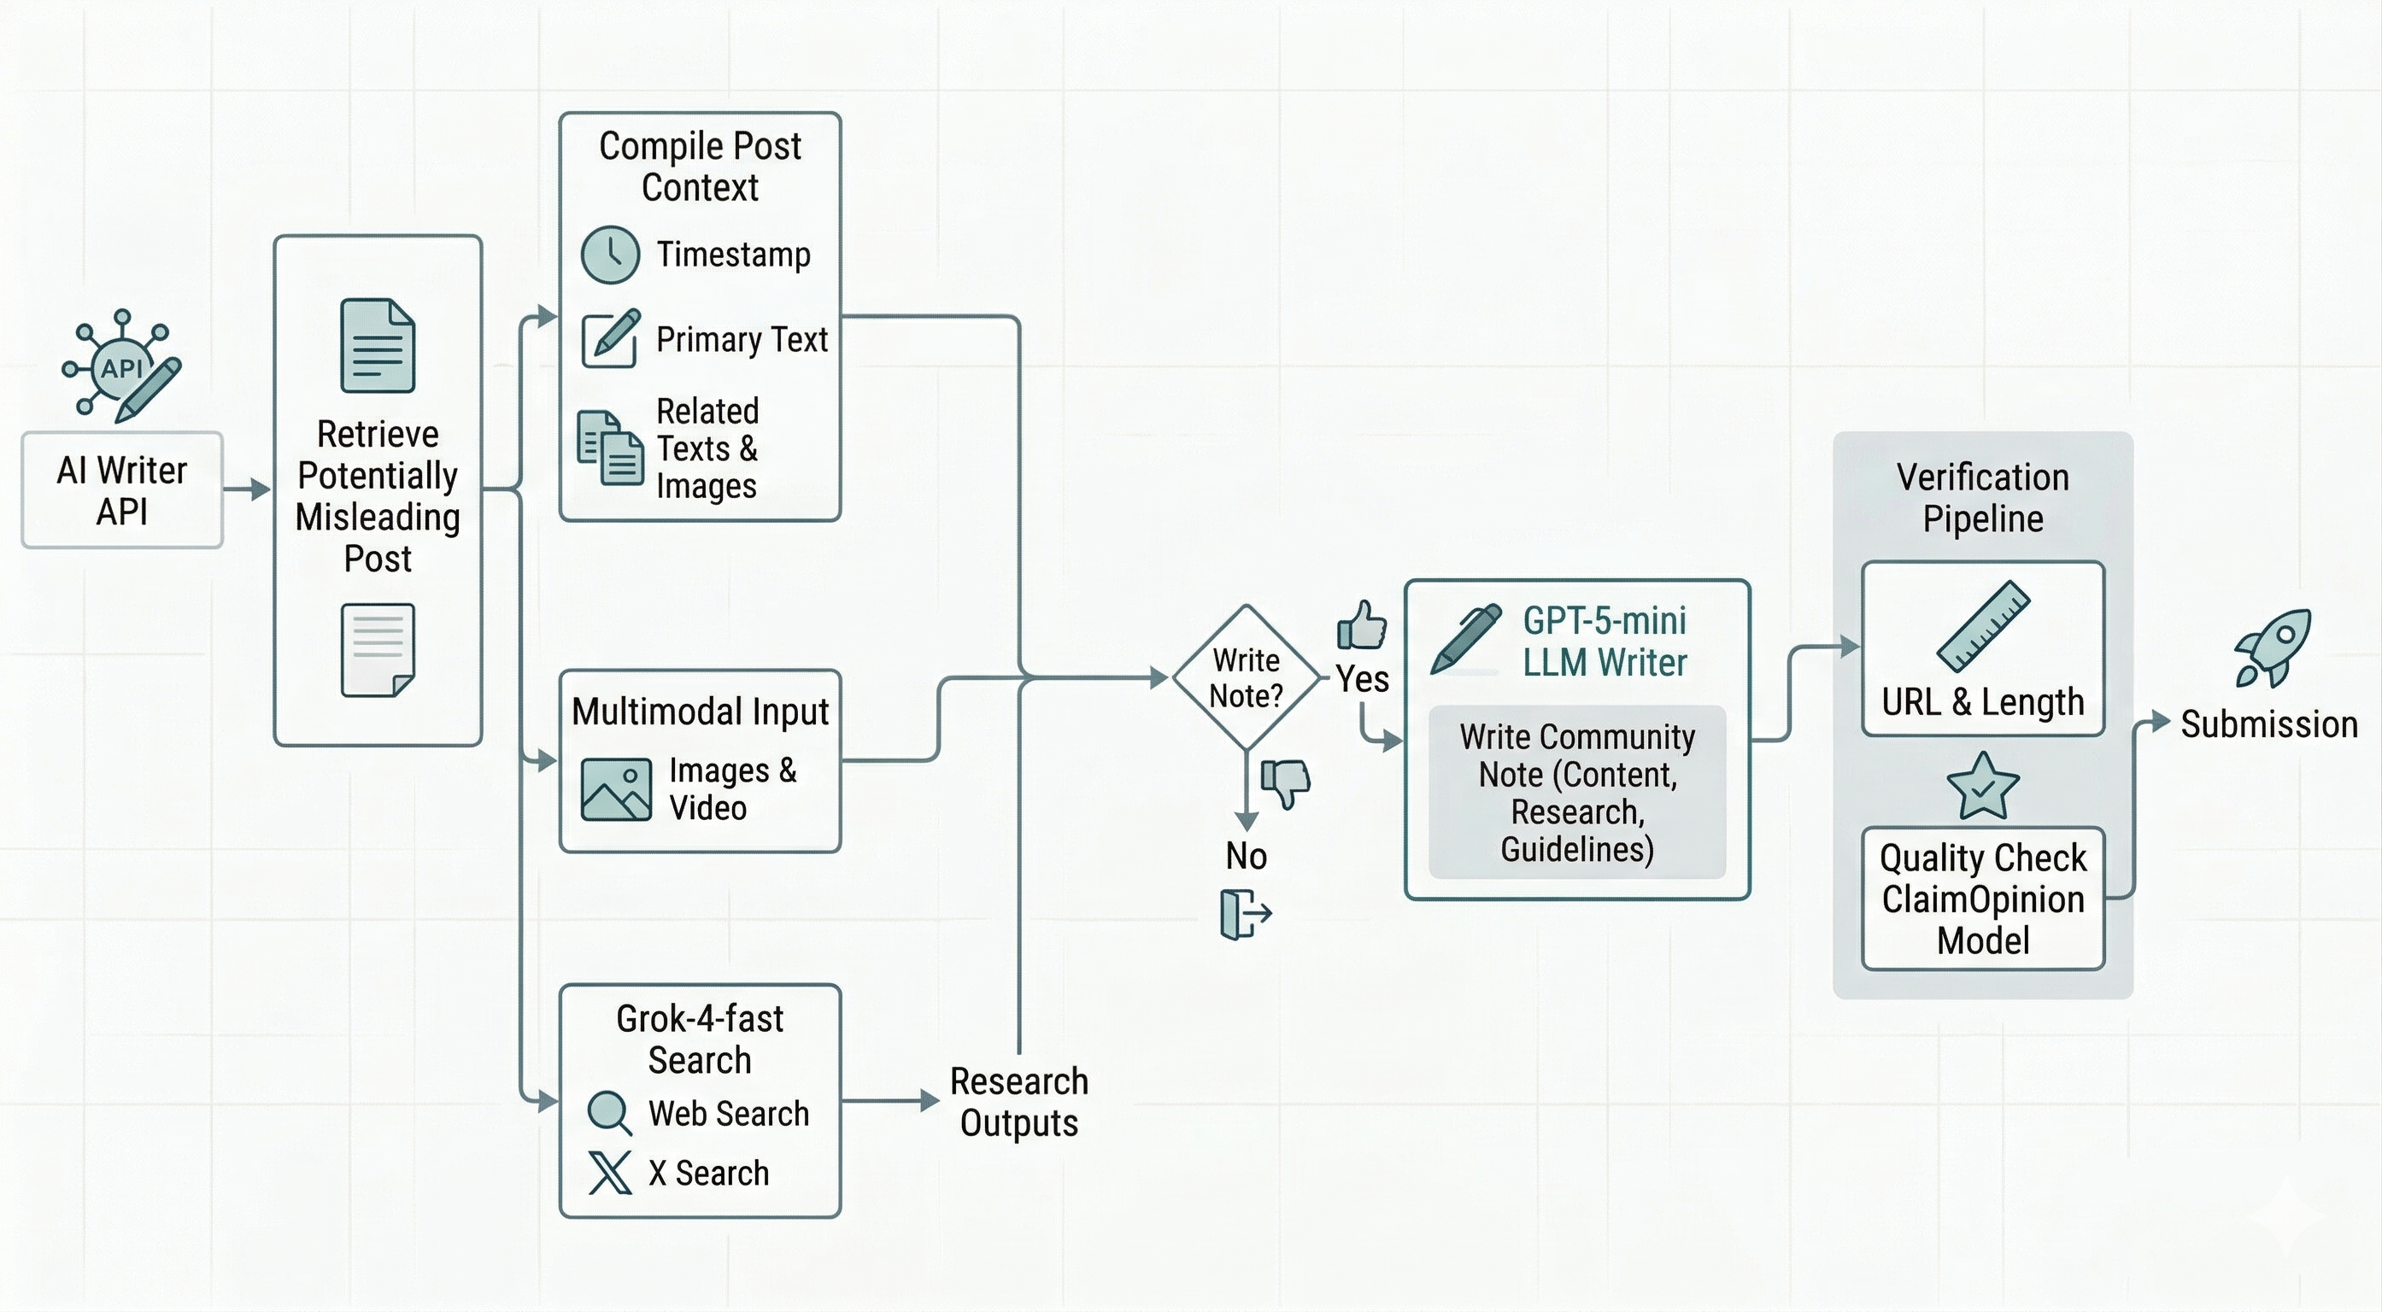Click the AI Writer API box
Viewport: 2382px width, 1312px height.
[x=122, y=490]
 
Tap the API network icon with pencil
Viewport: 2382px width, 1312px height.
[x=123, y=367]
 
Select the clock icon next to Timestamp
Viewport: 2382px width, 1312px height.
[x=609, y=255]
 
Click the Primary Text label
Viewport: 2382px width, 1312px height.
[x=741, y=339]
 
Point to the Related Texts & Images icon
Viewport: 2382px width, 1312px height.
[x=609, y=448]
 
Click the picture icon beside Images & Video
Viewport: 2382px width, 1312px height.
[x=616, y=789]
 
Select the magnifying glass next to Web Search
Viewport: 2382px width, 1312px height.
[x=609, y=1113]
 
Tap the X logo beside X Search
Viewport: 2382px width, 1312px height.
[x=609, y=1173]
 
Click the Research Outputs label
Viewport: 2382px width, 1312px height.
[x=1018, y=1102]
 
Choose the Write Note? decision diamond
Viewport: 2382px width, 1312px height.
[x=1246, y=677]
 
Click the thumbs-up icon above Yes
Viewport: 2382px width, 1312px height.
[x=1361, y=626]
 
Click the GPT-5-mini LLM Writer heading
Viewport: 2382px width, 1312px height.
[x=1604, y=641]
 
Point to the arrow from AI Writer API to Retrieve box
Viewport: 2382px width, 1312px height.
[x=247, y=489]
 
